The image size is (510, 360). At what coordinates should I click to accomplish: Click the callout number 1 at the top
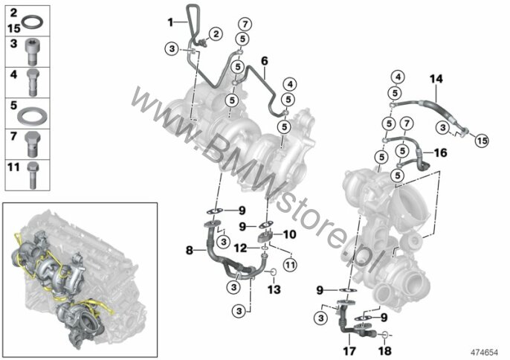pos(170,22)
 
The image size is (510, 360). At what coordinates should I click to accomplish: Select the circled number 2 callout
pos(216,34)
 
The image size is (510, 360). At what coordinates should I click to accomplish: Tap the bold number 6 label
pos(265,61)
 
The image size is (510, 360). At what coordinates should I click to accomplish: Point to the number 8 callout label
pos(190,251)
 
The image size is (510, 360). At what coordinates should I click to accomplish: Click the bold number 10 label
pos(289,234)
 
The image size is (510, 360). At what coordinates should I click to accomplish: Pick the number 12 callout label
pos(241,248)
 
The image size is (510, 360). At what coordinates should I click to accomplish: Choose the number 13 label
pos(274,289)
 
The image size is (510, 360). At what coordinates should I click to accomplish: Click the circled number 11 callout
pos(290,264)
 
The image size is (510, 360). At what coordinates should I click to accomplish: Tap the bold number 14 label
pos(436,79)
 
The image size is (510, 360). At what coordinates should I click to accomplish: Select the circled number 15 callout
pos(482,141)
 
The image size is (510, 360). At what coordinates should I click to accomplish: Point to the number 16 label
pos(440,152)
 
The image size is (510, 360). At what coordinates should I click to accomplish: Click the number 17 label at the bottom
pos(349,351)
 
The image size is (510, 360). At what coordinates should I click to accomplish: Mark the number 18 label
pos(385,351)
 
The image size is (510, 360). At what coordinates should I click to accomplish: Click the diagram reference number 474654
pos(485,353)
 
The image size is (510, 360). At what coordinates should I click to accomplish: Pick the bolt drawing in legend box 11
pos(33,176)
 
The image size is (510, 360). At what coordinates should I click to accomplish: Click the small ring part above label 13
pos(274,271)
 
